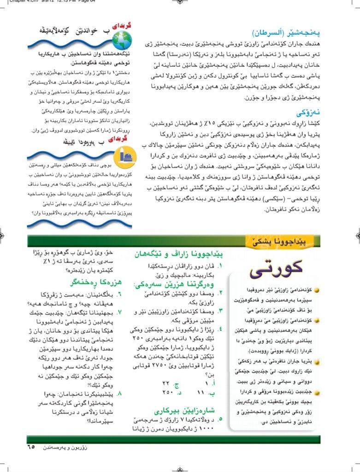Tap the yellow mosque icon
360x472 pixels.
tap(126, 155)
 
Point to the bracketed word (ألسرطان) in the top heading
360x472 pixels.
tap(272, 34)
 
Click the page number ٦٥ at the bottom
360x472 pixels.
tap(31, 446)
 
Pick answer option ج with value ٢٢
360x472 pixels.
tap(171, 382)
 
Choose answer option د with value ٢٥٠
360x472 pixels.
tap(171, 392)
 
